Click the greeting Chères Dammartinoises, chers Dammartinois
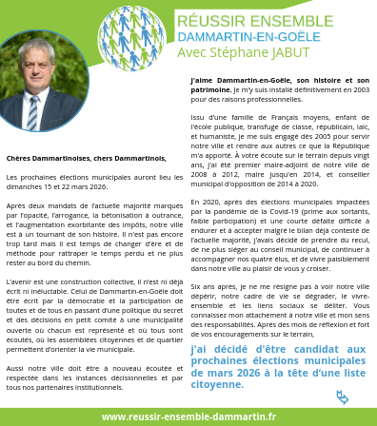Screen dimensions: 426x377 click(x=86, y=158)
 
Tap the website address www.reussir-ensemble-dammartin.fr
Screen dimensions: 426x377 click(x=188, y=416)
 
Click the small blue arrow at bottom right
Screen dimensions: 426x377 click(x=343, y=397)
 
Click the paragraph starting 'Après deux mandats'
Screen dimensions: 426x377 click(x=93, y=232)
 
